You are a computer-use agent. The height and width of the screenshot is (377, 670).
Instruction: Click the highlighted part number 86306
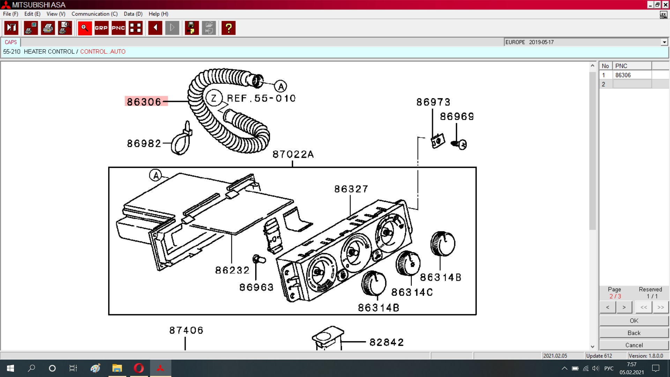pyautogui.click(x=144, y=102)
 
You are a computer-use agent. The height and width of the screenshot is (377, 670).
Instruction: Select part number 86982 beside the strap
pyautogui.click(x=144, y=143)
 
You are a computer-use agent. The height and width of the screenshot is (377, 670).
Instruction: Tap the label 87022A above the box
pyautogui.click(x=293, y=154)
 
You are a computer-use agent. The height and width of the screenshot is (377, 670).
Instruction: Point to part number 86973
pyautogui.click(x=433, y=102)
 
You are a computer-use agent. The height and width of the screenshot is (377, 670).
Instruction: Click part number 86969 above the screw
pyautogui.click(x=457, y=116)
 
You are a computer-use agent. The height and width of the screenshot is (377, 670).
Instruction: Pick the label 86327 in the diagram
pyautogui.click(x=351, y=189)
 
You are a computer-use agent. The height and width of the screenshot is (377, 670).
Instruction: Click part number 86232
pyautogui.click(x=232, y=270)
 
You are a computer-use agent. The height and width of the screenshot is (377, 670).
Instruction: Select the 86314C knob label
pyautogui.click(x=412, y=292)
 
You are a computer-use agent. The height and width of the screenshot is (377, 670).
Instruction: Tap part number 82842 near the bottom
pyautogui.click(x=387, y=342)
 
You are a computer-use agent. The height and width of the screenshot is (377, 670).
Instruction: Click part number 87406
pyautogui.click(x=186, y=330)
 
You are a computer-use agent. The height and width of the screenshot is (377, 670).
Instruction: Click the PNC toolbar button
pyautogui.click(x=118, y=28)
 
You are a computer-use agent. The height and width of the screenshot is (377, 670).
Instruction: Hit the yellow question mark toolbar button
pyautogui.click(x=229, y=28)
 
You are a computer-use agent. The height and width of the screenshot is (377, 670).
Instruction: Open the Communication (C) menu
pyautogui.click(x=95, y=14)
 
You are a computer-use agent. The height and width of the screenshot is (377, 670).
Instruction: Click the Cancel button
pyautogui.click(x=634, y=345)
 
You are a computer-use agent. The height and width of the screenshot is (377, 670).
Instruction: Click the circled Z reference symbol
pyautogui.click(x=214, y=98)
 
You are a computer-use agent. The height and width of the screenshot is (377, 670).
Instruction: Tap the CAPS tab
pyautogui.click(x=11, y=42)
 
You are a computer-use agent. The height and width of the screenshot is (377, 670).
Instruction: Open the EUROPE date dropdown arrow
pyautogui.click(x=664, y=42)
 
